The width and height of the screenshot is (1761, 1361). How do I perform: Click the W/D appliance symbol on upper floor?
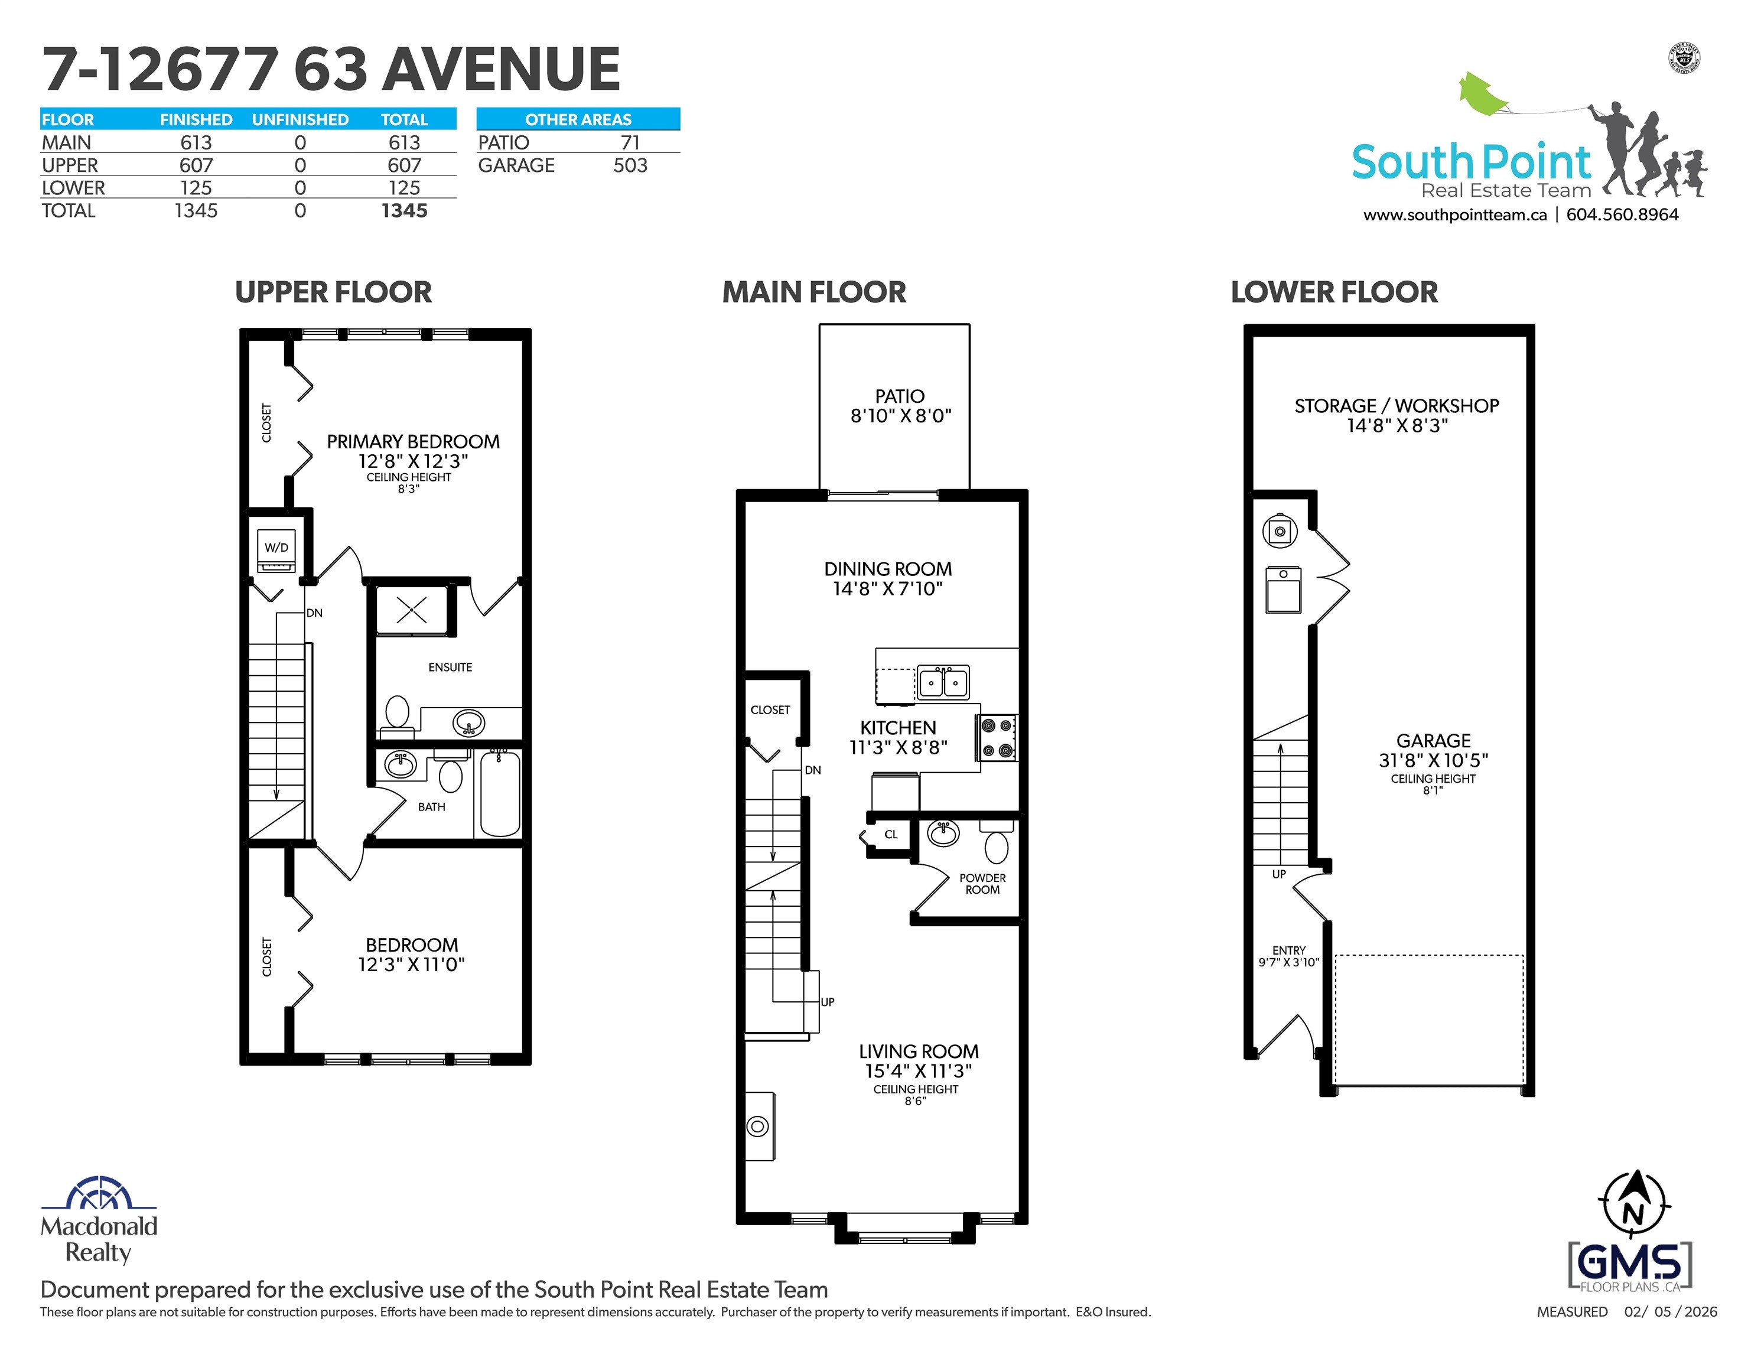pyautogui.click(x=276, y=550)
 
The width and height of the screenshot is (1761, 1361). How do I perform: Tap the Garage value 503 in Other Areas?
pyautogui.click(x=630, y=165)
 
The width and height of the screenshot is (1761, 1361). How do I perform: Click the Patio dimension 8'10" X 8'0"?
pyautogui.click(x=901, y=416)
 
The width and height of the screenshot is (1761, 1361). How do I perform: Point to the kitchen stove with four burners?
pyautogui.click(x=997, y=738)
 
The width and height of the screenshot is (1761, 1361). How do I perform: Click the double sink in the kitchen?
pyautogui.click(x=943, y=682)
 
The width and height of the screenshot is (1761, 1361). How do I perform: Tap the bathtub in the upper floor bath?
pyautogui.click(x=500, y=793)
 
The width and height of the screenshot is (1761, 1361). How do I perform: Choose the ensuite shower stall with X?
pyautogui.click(x=411, y=610)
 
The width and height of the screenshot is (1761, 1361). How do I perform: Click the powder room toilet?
pyautogui.click(x=997, y=842)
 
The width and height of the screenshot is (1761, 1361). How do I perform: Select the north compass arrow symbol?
pyautogui.click(x=1633, y=1204)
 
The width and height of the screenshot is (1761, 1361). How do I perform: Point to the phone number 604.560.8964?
pyautogui.click(x=1622, y=215)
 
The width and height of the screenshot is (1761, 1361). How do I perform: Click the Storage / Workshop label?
pyautogui.click(x=1397, y=406)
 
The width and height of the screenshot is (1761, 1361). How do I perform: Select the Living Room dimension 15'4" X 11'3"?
pyautogui.click(x=919, y=1071)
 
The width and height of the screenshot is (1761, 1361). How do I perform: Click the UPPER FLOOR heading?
pyautogui.click(x=333, y=292)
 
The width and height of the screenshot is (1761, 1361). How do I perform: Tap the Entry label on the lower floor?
pyautogui.click(x=1288, y=950)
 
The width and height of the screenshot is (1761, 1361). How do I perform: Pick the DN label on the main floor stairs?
pyautogui.click(x=813, y=770)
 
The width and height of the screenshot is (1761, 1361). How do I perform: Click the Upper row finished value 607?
pyautogui.click(x=196, y=165)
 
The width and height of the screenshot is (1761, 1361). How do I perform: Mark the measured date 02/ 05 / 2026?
pyautogui.click(x=1671, y=1312)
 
